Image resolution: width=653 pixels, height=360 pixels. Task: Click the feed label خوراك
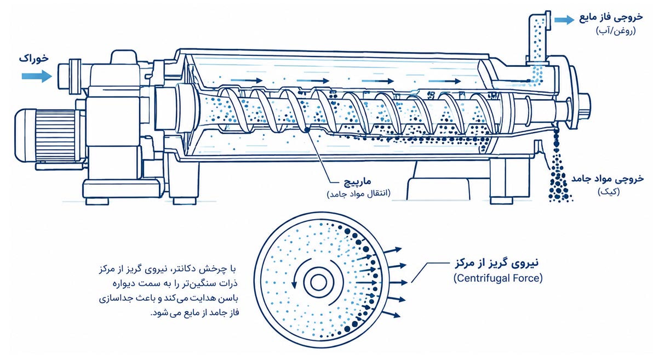tap(34, 58)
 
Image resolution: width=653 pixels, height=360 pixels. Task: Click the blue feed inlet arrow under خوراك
tap(37, 76)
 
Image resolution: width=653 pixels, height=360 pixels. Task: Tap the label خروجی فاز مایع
tap(610, 19)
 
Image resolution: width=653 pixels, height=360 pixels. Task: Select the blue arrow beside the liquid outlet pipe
tap(564, 19)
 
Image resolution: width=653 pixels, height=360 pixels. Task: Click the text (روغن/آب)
tap(616, 32)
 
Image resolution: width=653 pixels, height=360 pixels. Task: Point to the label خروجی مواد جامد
tap(607, 179)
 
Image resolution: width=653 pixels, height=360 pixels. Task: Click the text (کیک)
tap(609, 192)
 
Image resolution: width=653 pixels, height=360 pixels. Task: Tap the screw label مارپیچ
tap(357, 182)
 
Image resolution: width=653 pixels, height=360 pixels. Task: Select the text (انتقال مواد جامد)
tap(359, 193)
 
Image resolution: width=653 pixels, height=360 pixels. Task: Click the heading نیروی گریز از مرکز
tap(497, 263)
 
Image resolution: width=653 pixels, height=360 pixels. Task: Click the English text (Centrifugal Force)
tap(498, 278)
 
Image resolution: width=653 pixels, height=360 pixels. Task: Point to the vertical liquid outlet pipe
tap(538, 39)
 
